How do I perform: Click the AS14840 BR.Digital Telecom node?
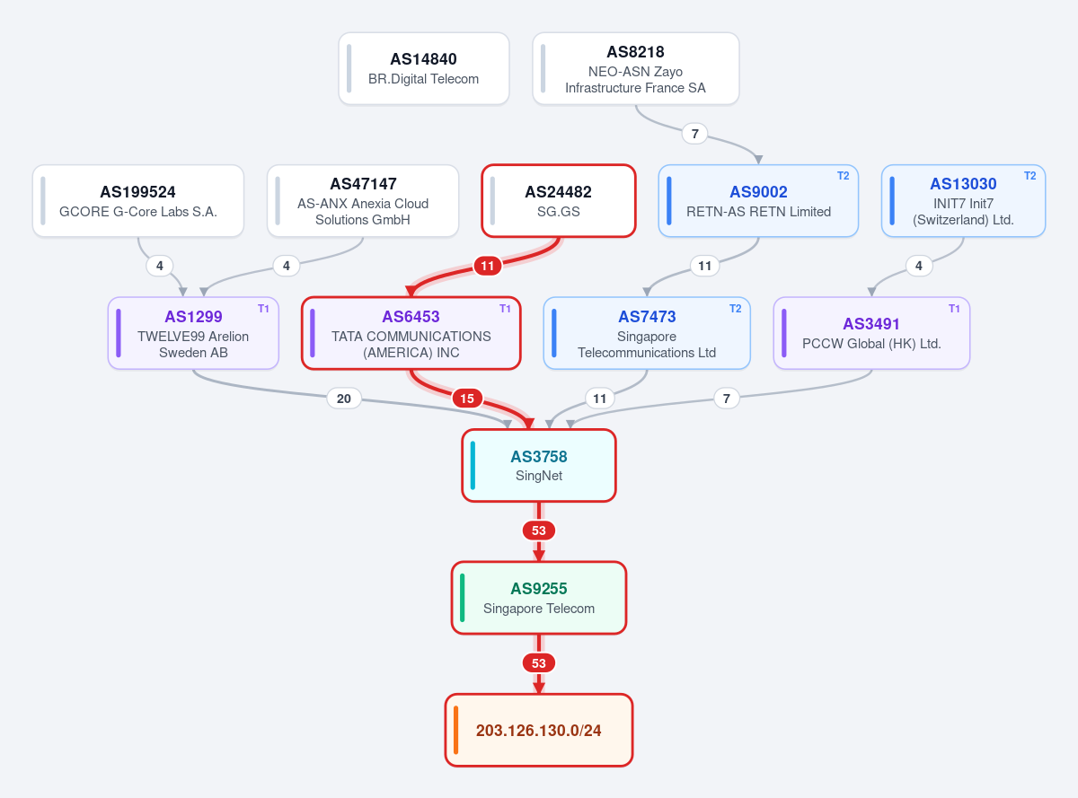423,68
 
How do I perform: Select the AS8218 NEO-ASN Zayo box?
636,68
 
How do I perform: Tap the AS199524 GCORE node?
138,200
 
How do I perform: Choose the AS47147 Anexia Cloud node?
363,200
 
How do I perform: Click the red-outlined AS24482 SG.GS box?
559,200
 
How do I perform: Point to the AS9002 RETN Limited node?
758,200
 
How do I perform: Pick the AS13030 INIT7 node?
963,200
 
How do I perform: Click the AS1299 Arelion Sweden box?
193,333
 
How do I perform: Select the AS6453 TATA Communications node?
411,333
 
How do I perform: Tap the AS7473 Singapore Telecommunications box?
647,333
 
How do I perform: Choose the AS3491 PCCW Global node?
871,333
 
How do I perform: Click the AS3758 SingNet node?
539,465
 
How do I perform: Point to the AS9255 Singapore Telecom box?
539,598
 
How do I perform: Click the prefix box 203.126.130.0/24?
539,730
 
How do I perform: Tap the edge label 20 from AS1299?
344,399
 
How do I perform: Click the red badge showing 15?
467,399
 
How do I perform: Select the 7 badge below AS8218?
695,134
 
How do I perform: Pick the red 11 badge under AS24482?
488,266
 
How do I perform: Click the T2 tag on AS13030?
1029,176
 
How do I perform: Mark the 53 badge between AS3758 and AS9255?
538,531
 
